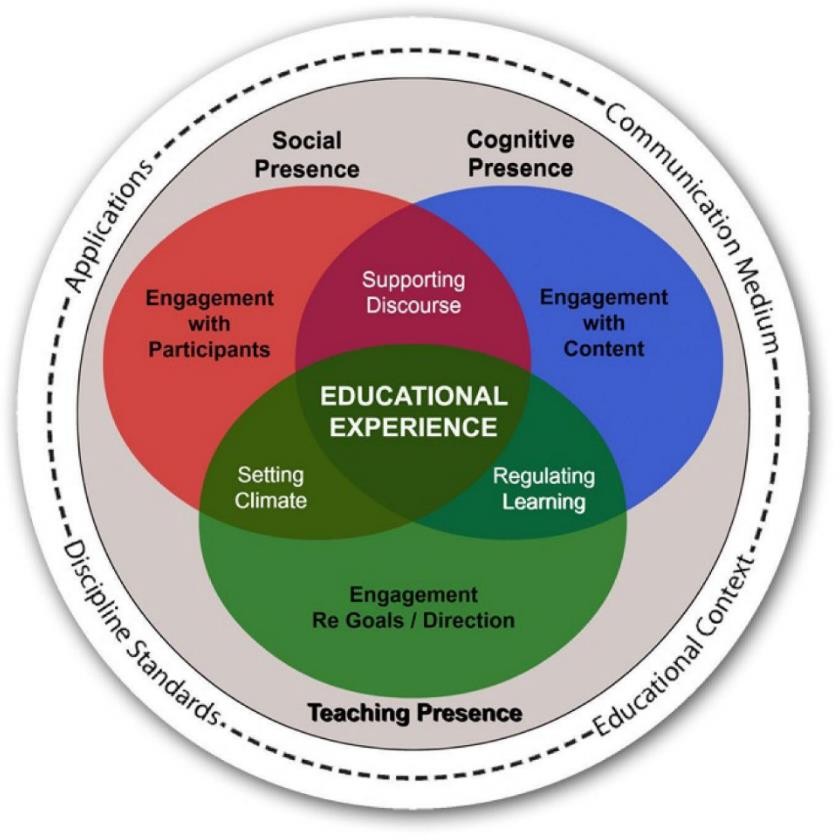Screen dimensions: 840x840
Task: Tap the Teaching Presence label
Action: (414, 713)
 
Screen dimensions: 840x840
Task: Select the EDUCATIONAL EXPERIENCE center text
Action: (414, 411)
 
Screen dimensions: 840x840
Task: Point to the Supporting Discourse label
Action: (414, 291)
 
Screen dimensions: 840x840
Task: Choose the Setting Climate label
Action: (271, 488)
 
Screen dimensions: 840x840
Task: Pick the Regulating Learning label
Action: (543, 488)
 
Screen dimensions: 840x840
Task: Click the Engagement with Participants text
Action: (209, 323)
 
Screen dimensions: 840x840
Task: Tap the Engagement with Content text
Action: (603, 323)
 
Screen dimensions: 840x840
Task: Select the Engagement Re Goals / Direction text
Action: (413, 608)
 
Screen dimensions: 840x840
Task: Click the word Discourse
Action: (414, 304)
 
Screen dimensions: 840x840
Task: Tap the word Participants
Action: (209, 349)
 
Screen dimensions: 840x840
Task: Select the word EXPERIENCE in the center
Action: (414, 427)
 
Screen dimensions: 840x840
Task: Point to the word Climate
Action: (271, 501)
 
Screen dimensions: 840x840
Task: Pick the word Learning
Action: (543, 501)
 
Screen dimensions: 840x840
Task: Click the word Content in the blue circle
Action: (603, 349)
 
